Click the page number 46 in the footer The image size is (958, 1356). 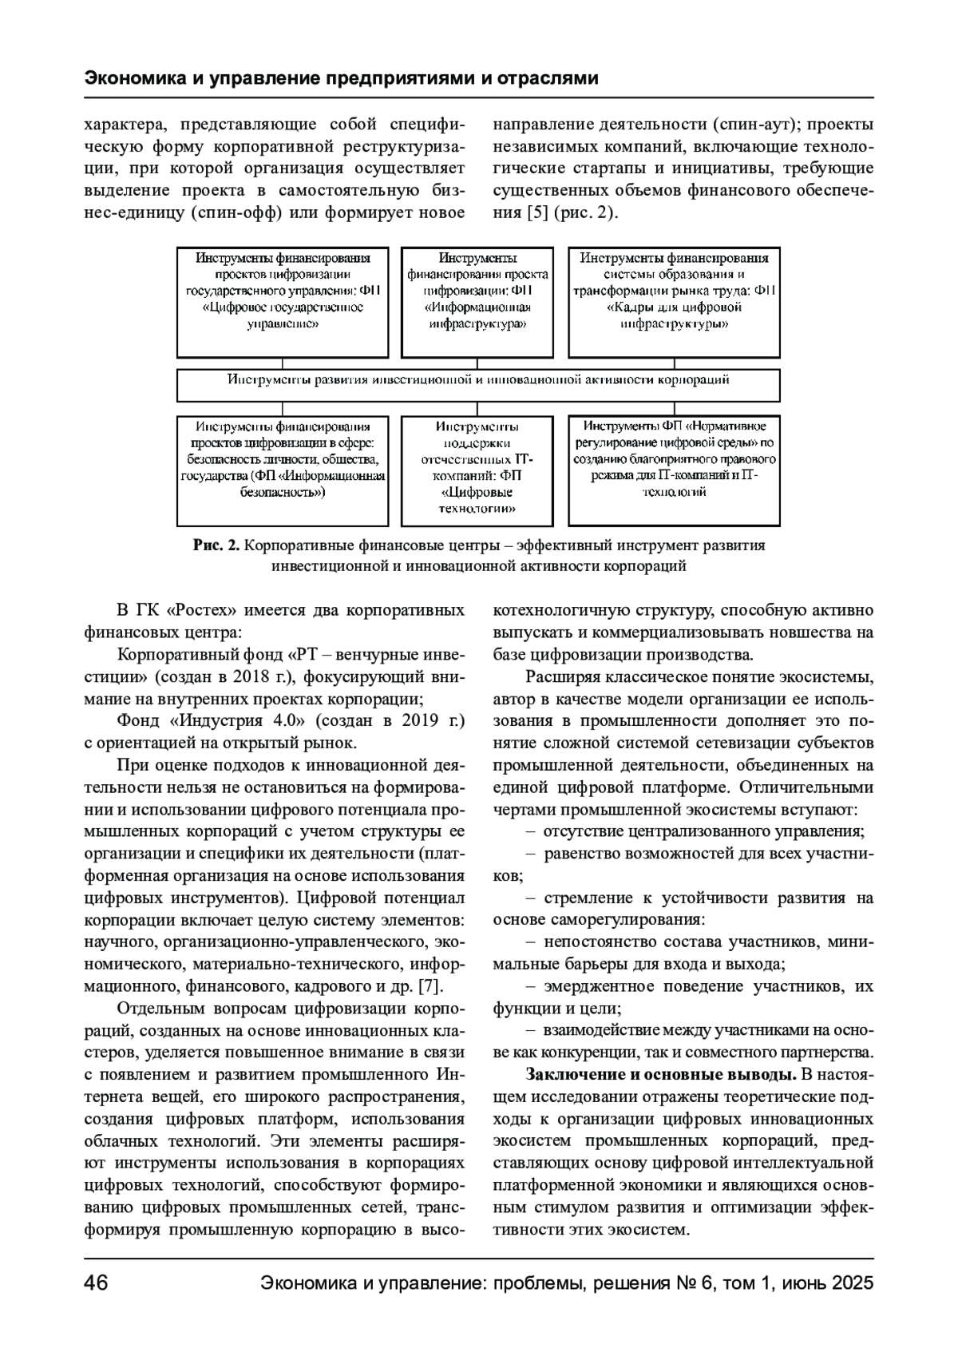pyautogui.click(x=96, y=1283)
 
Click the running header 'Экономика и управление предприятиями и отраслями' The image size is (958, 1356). pyautogui.click(x=341, y=79)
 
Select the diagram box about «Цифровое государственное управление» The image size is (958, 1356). pyautogui.click(x=283, y=302)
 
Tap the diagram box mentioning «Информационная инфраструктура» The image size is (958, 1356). pyautogui.click(x=477, y=302)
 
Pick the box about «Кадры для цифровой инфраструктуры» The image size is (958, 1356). pyautogui.click(x=674, y=302)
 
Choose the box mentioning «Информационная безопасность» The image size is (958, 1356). pyautogui.click(x=283, y=470)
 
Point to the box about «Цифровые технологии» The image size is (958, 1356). pyautogui.click(x=477, y=470)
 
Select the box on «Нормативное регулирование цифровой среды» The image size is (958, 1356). pyautogui.click(x=674, y=470)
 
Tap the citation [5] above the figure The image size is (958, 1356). pyautogui.click(x=537, y=213)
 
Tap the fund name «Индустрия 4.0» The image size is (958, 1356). pyautogui.click(x=239, y=721)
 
